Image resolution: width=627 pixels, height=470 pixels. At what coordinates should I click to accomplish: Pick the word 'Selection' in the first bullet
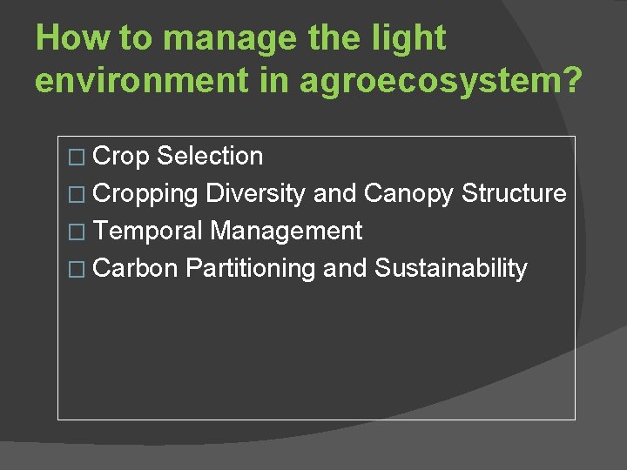coord(210,157)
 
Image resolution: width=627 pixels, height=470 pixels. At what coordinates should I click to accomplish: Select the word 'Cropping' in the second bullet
coord(145,193)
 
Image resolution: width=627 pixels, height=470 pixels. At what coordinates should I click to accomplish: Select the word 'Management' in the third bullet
coord(287,232)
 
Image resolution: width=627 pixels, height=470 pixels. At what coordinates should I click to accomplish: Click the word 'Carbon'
coord(135,268)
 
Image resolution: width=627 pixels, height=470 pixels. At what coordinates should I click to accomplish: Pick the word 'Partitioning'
coord(250,269)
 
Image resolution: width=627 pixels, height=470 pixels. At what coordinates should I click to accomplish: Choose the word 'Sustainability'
coord(450,269)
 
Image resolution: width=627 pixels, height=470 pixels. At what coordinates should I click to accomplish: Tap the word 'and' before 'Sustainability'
coord(345,268)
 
